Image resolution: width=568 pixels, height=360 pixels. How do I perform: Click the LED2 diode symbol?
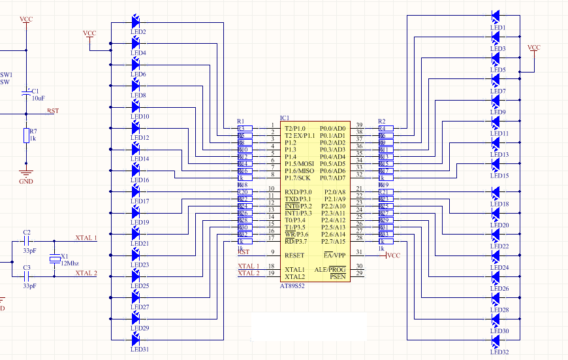136,22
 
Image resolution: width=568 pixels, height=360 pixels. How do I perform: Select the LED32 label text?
499,352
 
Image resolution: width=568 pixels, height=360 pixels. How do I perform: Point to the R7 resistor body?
26,135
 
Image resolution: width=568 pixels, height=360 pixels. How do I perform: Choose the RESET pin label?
294,255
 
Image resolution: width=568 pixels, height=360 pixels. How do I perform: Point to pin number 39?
359,125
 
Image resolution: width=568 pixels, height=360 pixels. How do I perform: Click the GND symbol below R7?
26,173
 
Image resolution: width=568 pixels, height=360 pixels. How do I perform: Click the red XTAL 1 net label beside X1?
86,238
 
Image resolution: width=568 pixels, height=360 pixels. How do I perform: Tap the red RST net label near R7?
53,111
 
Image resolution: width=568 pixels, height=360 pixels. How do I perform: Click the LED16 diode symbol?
136,170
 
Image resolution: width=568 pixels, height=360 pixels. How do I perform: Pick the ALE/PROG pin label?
330,270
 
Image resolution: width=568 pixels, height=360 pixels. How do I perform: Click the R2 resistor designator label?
382,122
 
